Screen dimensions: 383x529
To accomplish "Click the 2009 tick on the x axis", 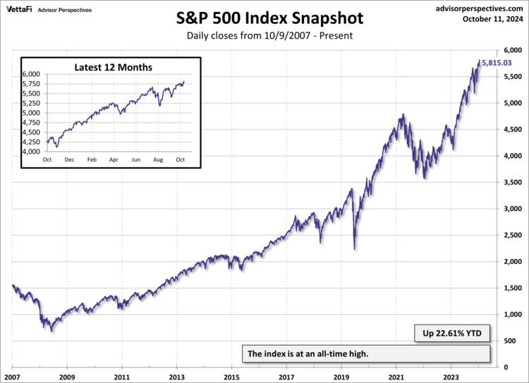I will (x=67, y=377).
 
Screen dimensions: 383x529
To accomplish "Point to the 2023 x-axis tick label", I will (x=451, y=377).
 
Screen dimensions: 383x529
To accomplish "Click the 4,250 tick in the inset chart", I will (x=32, y=142).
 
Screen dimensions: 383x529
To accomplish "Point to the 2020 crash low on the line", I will (x=354, y=249).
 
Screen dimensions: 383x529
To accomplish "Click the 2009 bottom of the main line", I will (x=51, y=330).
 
